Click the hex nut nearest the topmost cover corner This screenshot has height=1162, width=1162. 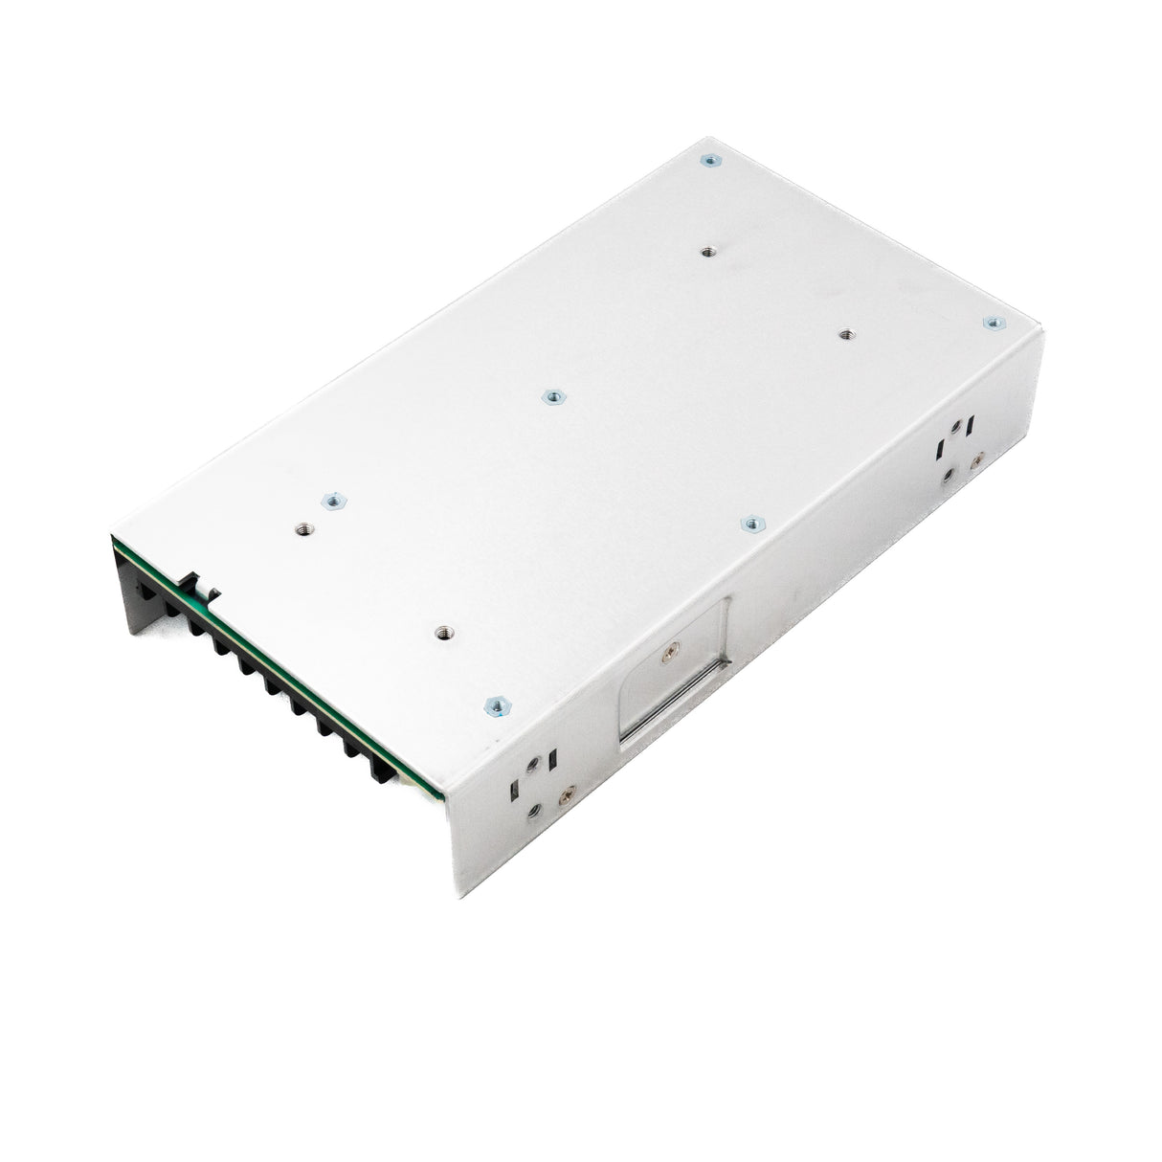tap(708, 161)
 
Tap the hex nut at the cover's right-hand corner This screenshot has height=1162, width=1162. tap(993, 324)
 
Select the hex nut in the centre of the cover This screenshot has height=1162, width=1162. tap(550, 396)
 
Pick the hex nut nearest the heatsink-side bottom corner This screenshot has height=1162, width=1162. tap(495, 706)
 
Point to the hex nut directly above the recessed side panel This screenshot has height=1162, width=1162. tap(753, 523)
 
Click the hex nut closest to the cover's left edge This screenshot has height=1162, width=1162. tap(333, 500)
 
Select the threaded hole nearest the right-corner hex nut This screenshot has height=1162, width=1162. tap(845, 334)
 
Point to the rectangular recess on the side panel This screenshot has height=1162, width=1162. tap(675, 670)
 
